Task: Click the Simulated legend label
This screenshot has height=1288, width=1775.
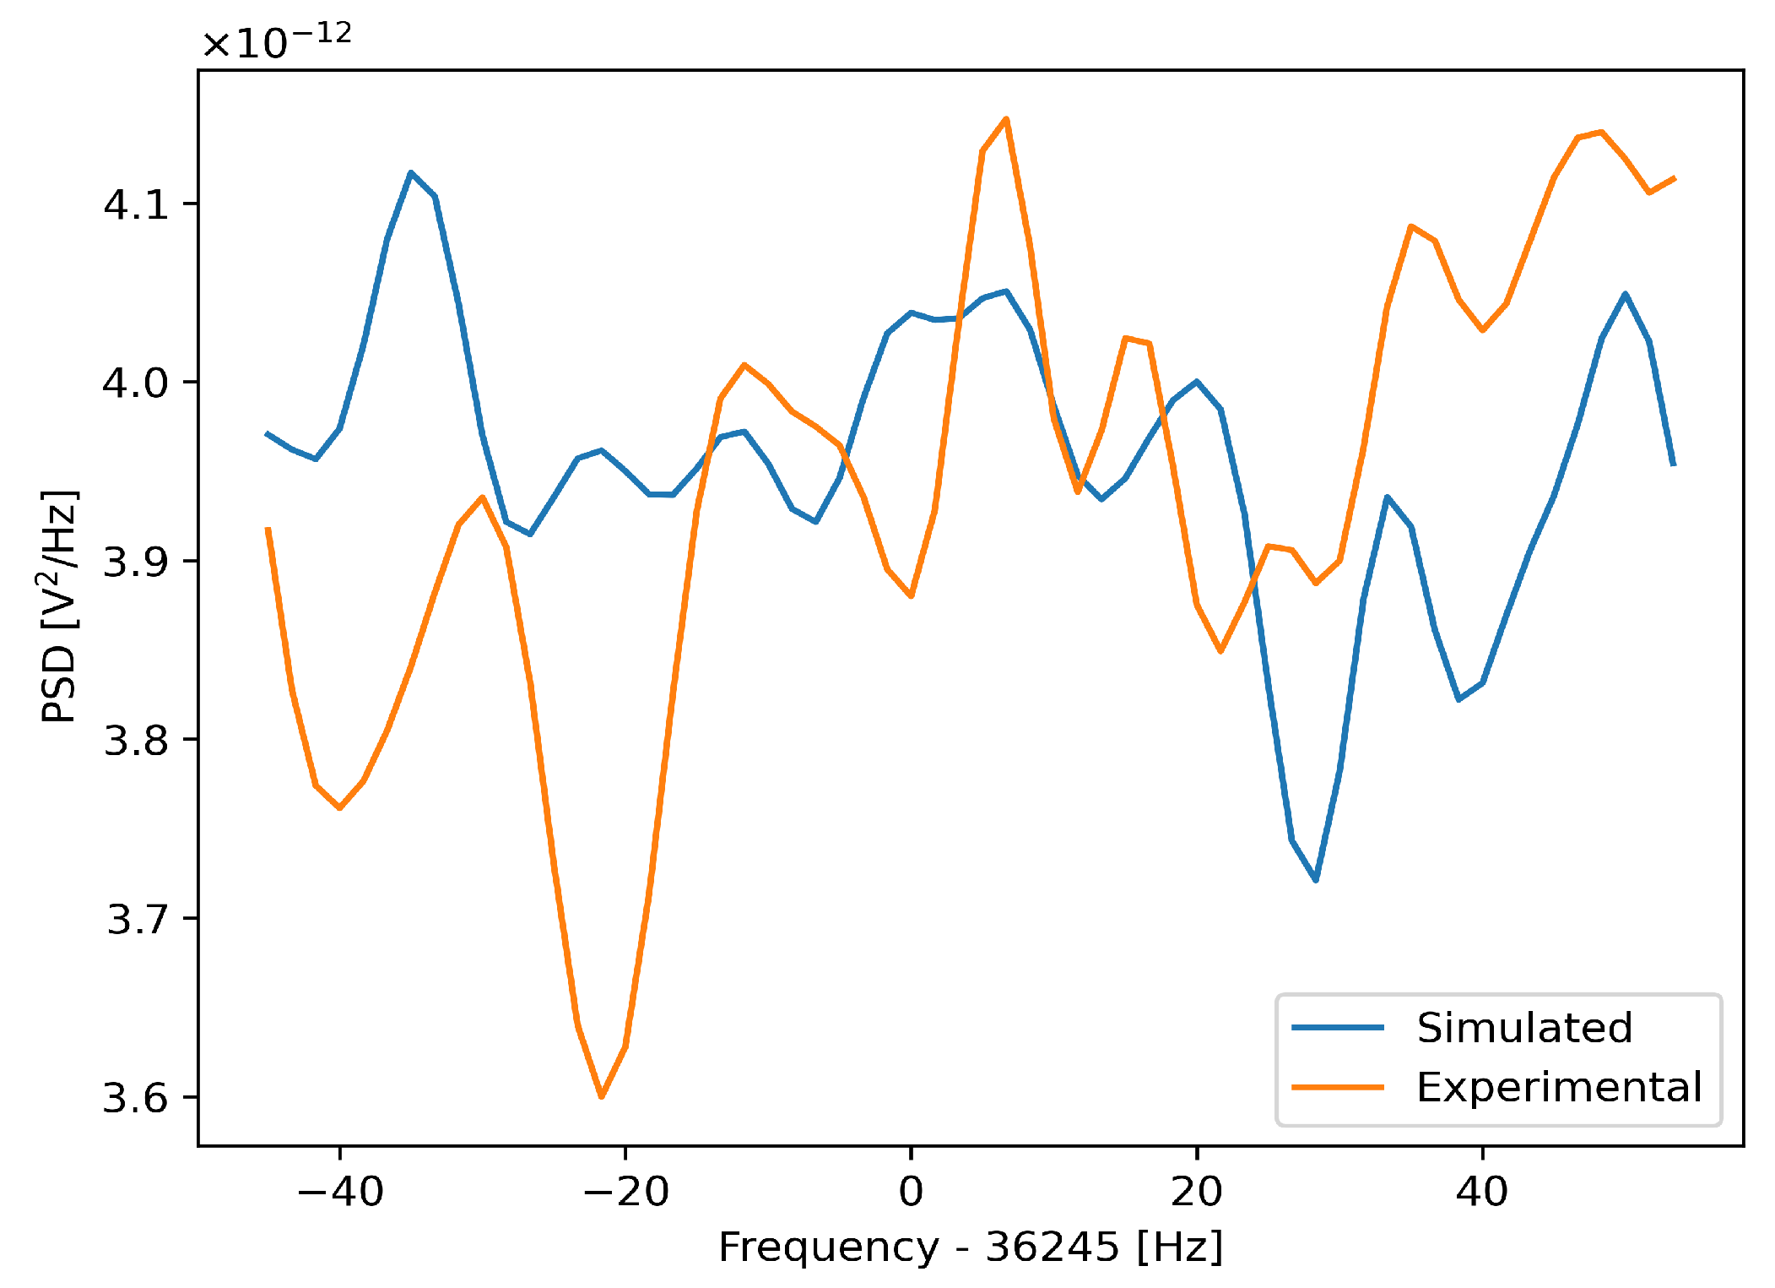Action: coord(1524,1028)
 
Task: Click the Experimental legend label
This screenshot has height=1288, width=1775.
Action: coord(1559,1087)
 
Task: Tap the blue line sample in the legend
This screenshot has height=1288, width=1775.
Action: coord(1338,1028)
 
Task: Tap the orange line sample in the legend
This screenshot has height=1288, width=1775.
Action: coord(1338,1087)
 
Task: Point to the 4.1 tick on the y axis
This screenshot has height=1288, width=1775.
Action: coord(136,204)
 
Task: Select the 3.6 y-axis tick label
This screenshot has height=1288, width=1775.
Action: coord(136,1098)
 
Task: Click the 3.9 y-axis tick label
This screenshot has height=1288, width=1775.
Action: coord(136,562)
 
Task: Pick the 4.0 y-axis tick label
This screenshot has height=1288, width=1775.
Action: coord(136,383)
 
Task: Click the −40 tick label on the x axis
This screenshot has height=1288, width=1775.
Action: coord(340,1192)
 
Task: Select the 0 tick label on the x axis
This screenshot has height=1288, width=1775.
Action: coord(911,1192)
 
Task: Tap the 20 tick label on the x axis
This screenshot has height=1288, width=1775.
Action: coord(1196,1192)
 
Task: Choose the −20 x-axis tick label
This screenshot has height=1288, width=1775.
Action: coord(625,1192)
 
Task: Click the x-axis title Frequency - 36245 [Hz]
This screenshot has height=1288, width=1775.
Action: coord(971,1247)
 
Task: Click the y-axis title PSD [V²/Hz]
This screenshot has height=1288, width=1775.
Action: coord(59,606)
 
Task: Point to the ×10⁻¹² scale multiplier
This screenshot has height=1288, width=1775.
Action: coord(276,41)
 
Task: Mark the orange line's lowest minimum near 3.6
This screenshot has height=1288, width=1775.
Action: coord(601,1096)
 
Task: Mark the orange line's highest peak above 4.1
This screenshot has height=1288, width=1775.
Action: coord(1006,119)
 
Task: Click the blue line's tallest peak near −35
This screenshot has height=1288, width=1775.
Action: coord(410,172)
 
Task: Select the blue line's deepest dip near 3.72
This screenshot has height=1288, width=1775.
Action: coord(1316,880)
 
